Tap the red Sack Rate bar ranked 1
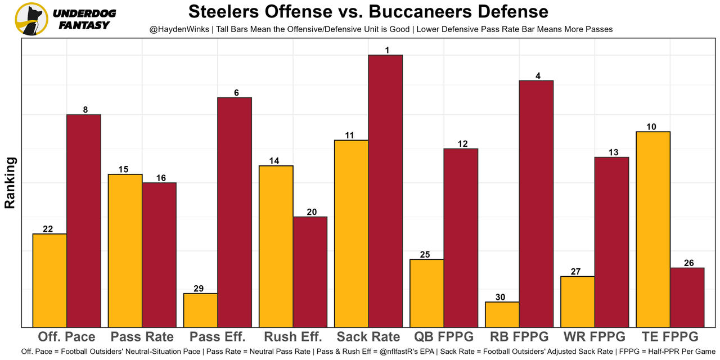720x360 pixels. point(385,191)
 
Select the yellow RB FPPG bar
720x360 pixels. point(502,314)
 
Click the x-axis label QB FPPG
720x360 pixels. point(444,337)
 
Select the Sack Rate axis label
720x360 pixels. point(368,337)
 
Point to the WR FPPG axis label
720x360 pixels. point(595,337)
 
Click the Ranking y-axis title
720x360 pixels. point(10,183)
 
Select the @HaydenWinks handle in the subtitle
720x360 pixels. point(176,29)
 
